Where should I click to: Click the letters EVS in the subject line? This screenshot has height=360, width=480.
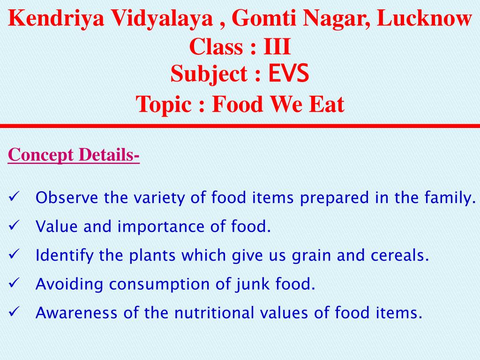point(288,74)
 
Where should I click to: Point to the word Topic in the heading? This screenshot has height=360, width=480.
point(165,104)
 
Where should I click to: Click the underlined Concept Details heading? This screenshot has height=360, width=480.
point(74,154)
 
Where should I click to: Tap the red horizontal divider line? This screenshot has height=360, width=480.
point(240,126)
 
